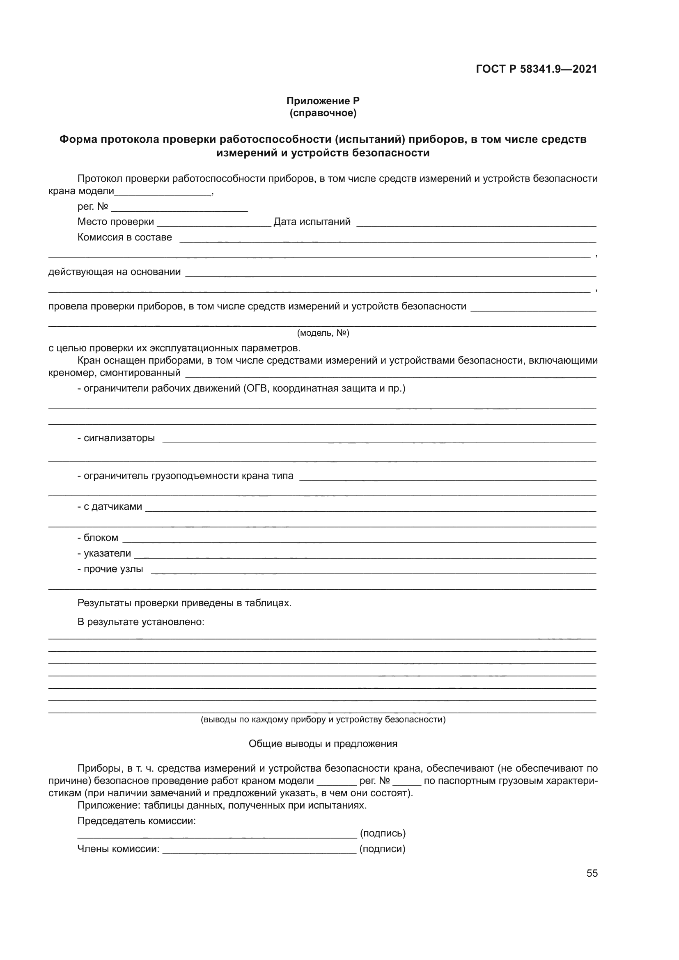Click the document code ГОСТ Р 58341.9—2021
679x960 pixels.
click(537, 69)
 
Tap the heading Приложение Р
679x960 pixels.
click(323, 101)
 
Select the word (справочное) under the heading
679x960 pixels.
click(323, 113)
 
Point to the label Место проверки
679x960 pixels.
click(116, 222)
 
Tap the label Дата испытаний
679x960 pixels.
click(312, 222)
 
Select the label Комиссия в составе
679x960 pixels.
click(125, 237)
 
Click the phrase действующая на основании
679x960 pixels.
click(115, 272)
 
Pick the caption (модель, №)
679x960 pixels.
click(323, 333)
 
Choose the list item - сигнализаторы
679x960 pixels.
click(116, 438)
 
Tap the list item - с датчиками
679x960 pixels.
click(110, 507)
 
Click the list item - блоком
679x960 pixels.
click(98, 538)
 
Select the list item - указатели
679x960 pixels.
click(104, 554)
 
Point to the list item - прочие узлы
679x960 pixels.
click(110, 569)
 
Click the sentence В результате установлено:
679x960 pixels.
click(141, 622)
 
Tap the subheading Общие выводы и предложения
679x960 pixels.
click(323, 743)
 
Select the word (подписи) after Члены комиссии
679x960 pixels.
click(383, 849)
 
